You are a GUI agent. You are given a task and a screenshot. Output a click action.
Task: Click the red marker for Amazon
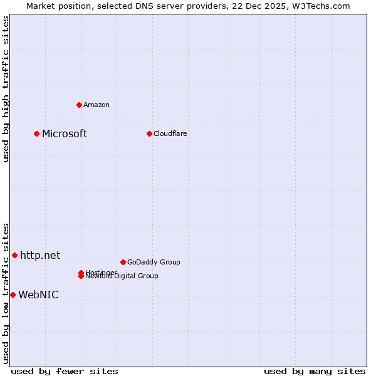click(x=79, y=105)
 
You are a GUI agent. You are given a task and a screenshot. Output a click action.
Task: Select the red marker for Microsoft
click(x=37, y=133)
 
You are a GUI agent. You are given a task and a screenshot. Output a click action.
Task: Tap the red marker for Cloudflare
click(x=149, y=133)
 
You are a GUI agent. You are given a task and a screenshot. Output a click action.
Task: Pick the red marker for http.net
click(x=14, y=255)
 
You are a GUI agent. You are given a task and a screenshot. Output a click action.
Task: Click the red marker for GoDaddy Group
click(x=123, y=262)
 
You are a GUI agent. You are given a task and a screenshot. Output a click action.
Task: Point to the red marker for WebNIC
click(x=13, y=295)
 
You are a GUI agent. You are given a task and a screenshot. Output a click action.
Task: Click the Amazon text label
click(x=97, y=105)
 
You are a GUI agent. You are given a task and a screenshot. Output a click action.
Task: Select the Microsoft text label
click(x=65, y=133)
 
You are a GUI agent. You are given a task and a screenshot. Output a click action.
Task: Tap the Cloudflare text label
click(x=170, y=133)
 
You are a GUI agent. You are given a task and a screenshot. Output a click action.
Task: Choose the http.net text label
click(x=40, y=255)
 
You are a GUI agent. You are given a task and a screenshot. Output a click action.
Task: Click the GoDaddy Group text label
click(x=154, y=262)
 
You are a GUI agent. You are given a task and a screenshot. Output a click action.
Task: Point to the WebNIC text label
click(x=38, y=295)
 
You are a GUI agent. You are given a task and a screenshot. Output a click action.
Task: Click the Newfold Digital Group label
click(x=123, y=276)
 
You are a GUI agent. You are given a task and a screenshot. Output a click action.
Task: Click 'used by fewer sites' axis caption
click(x=65, y=371)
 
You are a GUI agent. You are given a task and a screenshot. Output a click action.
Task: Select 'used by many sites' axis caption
click(x=315, y=371)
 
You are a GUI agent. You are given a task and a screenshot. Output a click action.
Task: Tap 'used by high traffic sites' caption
click(x=6, y=89)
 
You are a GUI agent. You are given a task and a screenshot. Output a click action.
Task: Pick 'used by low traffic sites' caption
click(x=6, y=293)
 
